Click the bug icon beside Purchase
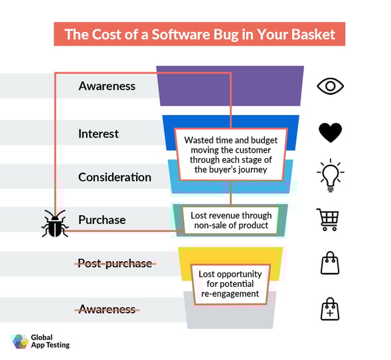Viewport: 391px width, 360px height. pos(54,225)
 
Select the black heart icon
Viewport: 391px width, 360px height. pos(330,133)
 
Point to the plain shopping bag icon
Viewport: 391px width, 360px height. pos(330,263)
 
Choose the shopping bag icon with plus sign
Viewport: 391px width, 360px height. pos(330,308)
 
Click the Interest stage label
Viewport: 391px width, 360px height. pos(98,134)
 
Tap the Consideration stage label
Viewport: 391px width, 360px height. pos(115,177)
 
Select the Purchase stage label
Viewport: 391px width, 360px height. pos(102,220)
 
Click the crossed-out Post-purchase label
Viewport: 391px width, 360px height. pos(115,263)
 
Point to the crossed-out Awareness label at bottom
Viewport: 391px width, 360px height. pos(107,309)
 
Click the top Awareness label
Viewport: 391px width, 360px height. pos(107,86)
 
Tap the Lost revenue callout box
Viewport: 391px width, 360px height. pos(230,221)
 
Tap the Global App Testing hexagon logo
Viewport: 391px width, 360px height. pos(20,341)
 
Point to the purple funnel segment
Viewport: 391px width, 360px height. pos(230,86)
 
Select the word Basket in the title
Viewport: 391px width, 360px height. pos(311,33)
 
